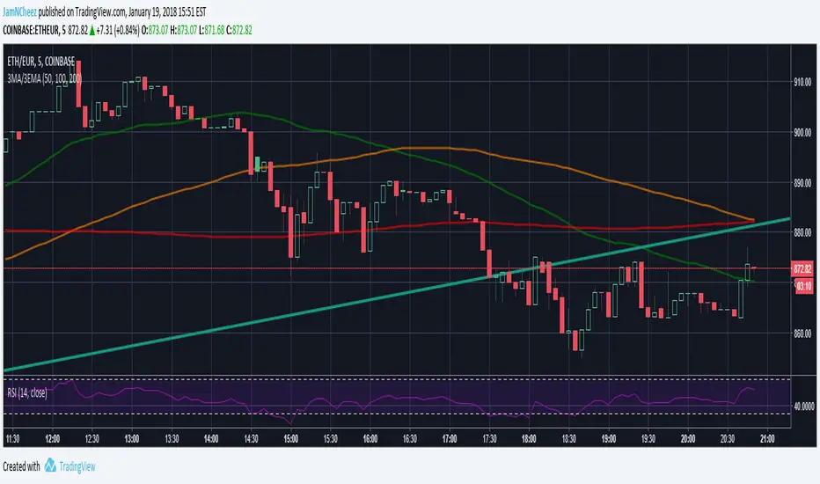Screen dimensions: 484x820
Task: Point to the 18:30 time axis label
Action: point(569,438)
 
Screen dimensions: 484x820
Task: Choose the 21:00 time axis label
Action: point(767,438)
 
